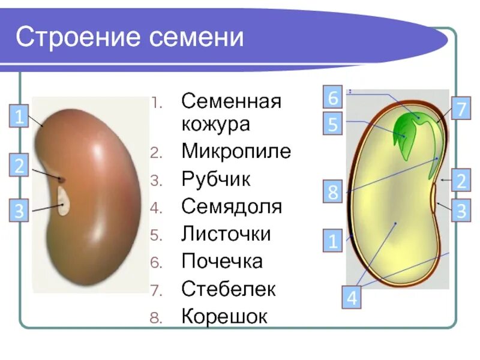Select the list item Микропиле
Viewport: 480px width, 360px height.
(x=236, y=151)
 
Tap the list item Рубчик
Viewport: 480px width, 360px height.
(x=216, y=179)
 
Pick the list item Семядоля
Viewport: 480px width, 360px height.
(x=232, y=206)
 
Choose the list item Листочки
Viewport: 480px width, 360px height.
(x=226, y=234)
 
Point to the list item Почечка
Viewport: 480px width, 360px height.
(x=222, y=262)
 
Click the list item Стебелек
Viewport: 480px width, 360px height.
(x=229, y=289)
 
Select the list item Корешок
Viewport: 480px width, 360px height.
(x=224, y=317)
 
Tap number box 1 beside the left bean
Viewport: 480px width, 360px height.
(x=19, y=116)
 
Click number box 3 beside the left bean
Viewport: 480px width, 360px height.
(x=19, y=211)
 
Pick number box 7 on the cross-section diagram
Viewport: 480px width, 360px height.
(x=461, y=110)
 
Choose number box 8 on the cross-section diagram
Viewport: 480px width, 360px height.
(x=333, y=193)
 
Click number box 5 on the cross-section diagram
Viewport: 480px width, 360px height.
(x=334, y=124)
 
